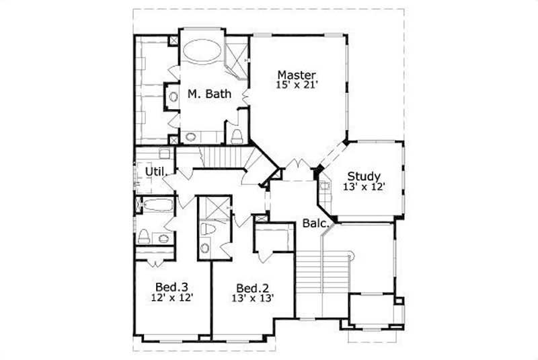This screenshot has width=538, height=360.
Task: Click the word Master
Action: (x=297, y=74)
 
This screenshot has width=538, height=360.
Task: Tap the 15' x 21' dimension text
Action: (x=297, y=85)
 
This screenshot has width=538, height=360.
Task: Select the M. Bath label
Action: (x=209, y=94)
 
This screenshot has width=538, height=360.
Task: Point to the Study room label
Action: (x=364, y=177)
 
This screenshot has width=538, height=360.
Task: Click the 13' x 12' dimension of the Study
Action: (x=364, y=188)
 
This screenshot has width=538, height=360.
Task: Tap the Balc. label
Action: (x=314, y=223)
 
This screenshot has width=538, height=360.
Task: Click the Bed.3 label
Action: (x=173, y=285)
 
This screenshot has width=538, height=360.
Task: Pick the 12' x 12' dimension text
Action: (x=173, y=296)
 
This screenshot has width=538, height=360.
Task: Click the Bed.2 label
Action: (x=252, y=285)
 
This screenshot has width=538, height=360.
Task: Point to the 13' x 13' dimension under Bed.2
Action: (x=252, y=296)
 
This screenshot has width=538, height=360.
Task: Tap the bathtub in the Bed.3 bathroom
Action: (x=159, y=206)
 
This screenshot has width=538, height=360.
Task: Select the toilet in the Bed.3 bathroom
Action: (x=144, y=236)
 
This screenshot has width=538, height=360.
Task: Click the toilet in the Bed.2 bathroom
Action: (x=206, y=231)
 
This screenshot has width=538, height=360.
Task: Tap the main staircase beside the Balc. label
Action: (x=321, y=283)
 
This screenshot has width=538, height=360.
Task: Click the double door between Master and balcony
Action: (x=297, y=166)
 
